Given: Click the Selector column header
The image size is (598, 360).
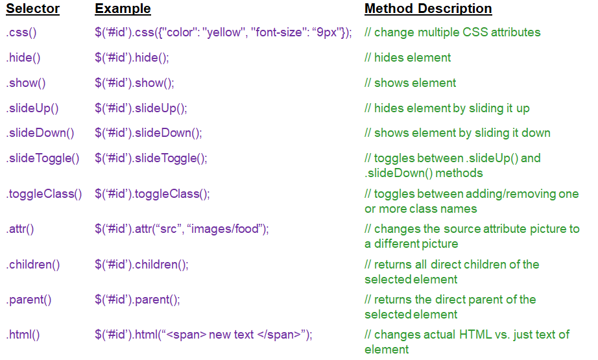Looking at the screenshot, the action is [33, 9].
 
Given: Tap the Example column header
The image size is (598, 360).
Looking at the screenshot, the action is [123, 9].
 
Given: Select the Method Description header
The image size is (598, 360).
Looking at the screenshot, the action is [428, 9].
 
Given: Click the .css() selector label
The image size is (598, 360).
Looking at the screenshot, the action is [21, 32].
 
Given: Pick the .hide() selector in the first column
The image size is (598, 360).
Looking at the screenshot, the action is [23, 58].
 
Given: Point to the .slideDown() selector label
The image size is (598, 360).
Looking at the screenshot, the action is [40, 133].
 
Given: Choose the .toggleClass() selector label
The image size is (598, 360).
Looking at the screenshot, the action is [44, 194].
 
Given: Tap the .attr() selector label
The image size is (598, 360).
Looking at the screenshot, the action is [20, 229].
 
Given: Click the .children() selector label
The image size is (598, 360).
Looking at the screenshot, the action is [33, 265].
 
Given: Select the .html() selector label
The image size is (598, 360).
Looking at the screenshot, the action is [23, 335].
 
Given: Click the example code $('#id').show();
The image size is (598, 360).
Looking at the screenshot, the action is [134, 83].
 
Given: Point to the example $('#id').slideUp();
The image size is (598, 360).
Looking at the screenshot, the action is [141, 108].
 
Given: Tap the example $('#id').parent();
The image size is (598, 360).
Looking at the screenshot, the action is [138, 300].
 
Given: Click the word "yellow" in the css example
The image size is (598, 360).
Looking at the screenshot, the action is [224, 32].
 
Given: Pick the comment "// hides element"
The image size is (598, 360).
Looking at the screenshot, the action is [407, 58].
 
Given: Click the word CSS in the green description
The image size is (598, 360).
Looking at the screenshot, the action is [475, 32].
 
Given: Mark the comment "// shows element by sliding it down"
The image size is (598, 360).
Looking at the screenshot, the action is [457, 133].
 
